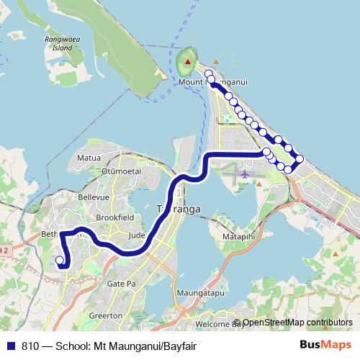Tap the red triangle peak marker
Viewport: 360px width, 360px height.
[x=188, y=62]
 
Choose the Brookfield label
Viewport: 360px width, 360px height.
[x=112, y=217]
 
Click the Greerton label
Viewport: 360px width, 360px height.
[x=104, y=315]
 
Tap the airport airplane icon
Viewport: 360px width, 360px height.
[x=245, y=174]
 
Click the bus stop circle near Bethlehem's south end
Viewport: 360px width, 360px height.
[x=60, y=261]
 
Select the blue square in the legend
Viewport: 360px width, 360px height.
[x=11, y=345]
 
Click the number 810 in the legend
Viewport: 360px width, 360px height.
[x=30, y=345]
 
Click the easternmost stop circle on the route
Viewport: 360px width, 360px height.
[x=300, y=158]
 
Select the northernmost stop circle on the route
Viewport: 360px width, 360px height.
[x=209, y=73]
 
